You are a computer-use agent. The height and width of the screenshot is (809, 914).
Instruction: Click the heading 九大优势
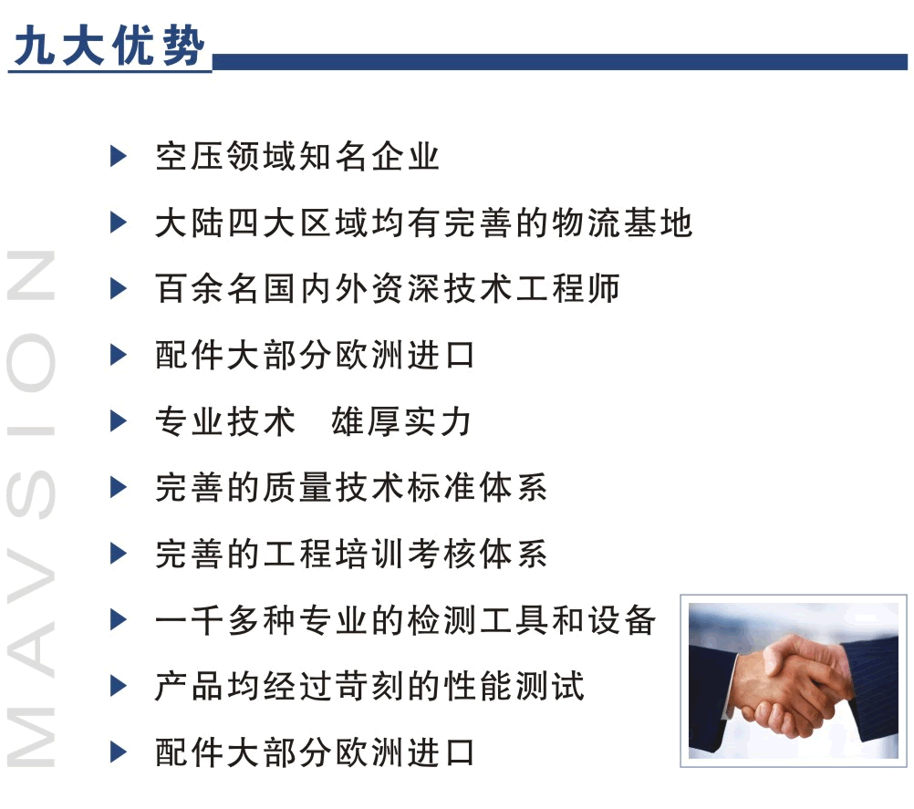(x=109, y=46)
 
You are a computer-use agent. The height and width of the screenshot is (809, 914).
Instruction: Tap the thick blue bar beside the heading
(x=559, y=62)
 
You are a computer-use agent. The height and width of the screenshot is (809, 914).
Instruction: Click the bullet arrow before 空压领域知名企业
(x=119, y=156)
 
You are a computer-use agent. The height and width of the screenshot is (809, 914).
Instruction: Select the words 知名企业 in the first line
(x=369, y=157)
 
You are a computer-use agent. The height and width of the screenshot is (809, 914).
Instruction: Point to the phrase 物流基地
(x=622, y=223)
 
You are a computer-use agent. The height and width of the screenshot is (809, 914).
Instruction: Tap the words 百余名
(x=207, y=289)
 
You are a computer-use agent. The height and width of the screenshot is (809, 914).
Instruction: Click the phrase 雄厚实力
(x=401, y=421)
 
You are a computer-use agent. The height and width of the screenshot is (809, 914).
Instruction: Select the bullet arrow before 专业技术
(x=119, y=420)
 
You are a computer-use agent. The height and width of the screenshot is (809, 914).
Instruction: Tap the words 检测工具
(x=478, y=619)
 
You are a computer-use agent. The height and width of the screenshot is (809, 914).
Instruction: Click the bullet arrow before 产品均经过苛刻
(x=119, y=686)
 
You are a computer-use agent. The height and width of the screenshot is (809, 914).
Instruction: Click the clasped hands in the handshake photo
(x=793, y=687)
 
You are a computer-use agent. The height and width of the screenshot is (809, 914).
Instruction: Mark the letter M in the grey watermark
(x=31, y=738)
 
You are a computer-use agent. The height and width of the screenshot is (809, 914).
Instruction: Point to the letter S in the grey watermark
(x=31, y=494)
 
